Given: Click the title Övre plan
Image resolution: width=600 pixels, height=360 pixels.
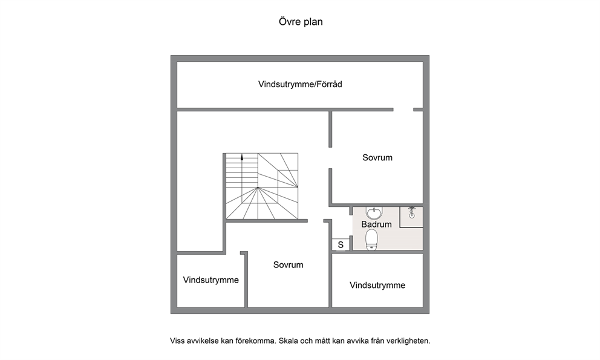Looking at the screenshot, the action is click(x=301, y=22).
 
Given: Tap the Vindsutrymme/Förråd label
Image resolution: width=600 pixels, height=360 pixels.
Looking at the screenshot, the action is click(x=300, y=84).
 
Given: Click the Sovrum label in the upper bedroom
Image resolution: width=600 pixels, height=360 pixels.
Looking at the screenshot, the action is click(x=377, y=157).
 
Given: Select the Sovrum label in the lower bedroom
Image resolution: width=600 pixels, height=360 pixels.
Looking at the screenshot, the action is click(x=288, y=264).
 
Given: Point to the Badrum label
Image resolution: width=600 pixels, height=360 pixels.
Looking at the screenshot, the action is click(x=377, y=224).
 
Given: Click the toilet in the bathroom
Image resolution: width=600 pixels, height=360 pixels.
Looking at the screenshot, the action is click(x=371, y=240).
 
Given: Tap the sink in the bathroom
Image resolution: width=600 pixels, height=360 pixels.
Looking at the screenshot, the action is click(x=374, y=212).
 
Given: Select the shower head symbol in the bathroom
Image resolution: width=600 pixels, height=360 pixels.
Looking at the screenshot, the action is click(x=412, y=212).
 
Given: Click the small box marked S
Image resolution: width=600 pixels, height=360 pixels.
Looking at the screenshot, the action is click(x=341, y=244).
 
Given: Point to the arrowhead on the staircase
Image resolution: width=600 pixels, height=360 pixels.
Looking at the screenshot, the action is click(x=242, y=157).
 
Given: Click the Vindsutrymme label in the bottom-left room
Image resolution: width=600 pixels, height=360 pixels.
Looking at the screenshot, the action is click(x=211, y=280).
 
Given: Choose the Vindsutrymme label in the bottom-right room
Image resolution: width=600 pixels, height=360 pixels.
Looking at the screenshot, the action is click(x=377, y=286).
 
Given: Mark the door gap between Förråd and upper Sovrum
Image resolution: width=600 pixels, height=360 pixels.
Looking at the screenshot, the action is click(x=403, y=110).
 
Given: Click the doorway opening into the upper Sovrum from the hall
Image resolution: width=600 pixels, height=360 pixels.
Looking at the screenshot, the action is click(x=330, y=158).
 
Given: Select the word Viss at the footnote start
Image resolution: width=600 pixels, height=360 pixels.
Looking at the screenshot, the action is click(x=177, y=341).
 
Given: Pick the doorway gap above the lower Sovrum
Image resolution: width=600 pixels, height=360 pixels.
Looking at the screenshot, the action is click(x=316, y=221).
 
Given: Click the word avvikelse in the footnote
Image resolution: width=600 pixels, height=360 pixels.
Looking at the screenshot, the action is click(x=203, y=341).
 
